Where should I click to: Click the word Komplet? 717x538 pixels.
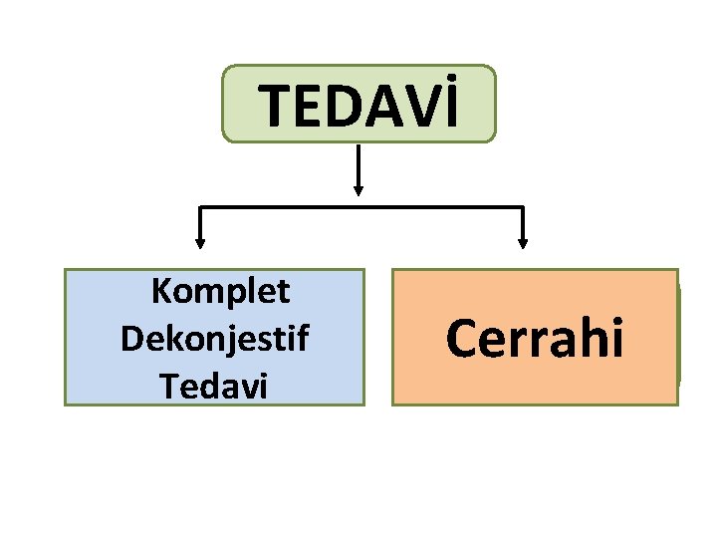coord(220,292)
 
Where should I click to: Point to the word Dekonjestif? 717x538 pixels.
coord(214,339)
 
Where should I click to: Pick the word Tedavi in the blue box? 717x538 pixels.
coord(213,385)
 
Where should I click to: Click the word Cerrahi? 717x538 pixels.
coord(535,339)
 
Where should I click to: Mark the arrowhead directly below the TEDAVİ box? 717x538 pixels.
coord(358,186)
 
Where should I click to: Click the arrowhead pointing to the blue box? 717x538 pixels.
coord(200,240)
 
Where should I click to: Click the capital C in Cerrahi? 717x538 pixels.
coord(463,339)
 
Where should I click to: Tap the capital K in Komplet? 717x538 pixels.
coord(160,292)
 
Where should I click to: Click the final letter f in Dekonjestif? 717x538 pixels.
coord(303,338)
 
